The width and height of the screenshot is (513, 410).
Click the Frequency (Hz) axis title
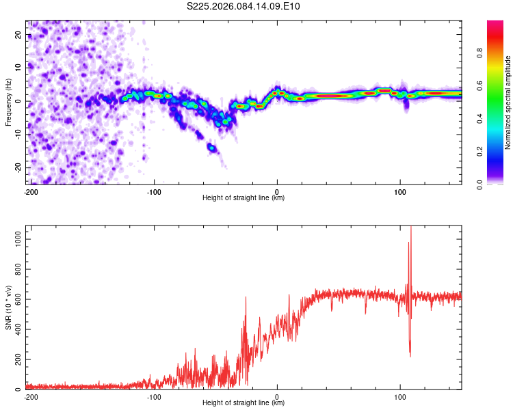pos(8,102)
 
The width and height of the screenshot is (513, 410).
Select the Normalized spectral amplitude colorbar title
pos(508,102)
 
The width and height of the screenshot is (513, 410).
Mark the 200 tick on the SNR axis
pos(17,359)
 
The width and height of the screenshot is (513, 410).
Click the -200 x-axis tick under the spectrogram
pos(31,192)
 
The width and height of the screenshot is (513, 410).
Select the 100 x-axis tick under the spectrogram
pos(400,192)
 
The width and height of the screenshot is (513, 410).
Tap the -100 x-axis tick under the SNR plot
pos(154,397)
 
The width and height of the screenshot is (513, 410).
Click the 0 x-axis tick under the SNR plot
pos(277,397)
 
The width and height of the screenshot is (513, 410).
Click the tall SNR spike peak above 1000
pos(411,228)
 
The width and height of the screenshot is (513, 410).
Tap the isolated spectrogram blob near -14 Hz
pos(212,148)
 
